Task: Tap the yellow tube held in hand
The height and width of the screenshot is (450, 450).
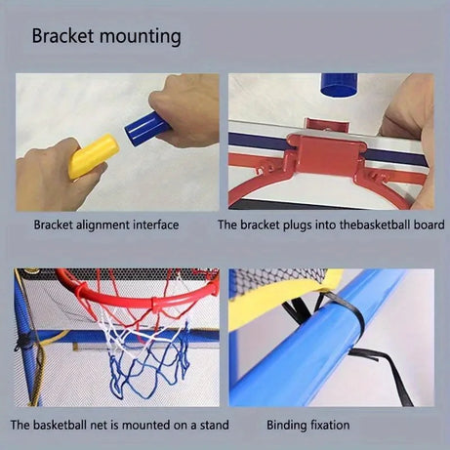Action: (x=95, y=155)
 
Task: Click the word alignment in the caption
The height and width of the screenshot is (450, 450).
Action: (x=104, y=225)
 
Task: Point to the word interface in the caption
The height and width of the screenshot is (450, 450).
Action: (x=155, y=225)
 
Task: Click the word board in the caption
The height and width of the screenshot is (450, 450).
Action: (x=430, y=225)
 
